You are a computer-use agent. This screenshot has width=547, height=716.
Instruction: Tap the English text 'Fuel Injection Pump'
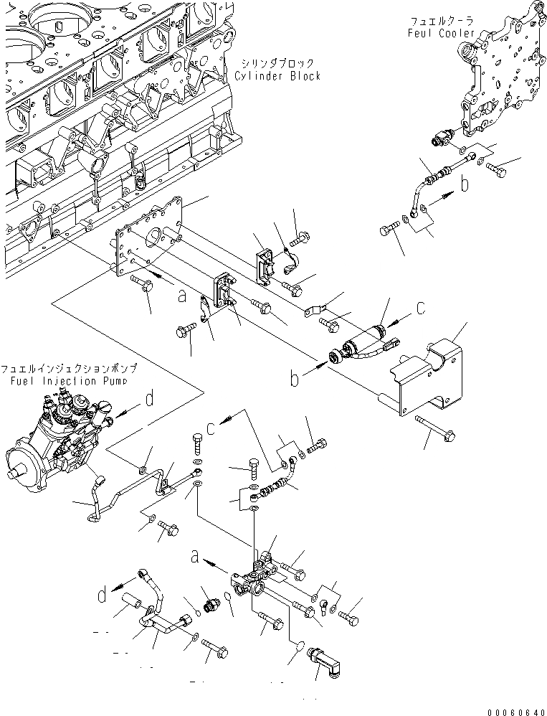click(x=69, y=380)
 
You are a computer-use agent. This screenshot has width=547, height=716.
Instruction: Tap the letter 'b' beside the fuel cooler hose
click(x=465, y=185)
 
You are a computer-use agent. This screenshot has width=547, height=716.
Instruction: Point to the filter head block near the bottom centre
click(x=257, y=580)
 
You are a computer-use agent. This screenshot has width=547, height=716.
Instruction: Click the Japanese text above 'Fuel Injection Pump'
click(x=69, y=368)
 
